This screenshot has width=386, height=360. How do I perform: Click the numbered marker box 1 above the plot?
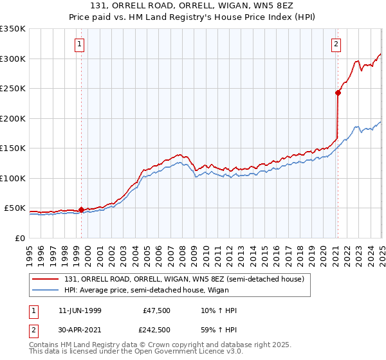[79, 44]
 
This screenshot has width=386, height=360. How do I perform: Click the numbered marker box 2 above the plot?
[336, 44]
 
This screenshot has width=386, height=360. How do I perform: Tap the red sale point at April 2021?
[338, 93]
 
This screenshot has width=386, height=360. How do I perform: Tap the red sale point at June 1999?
[81, 210]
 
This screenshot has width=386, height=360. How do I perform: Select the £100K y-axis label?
[13, 178]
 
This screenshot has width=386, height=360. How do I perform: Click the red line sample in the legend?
[46, 278]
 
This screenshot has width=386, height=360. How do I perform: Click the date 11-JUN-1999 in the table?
[80, 310]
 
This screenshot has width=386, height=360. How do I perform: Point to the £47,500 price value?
[156, 310]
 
